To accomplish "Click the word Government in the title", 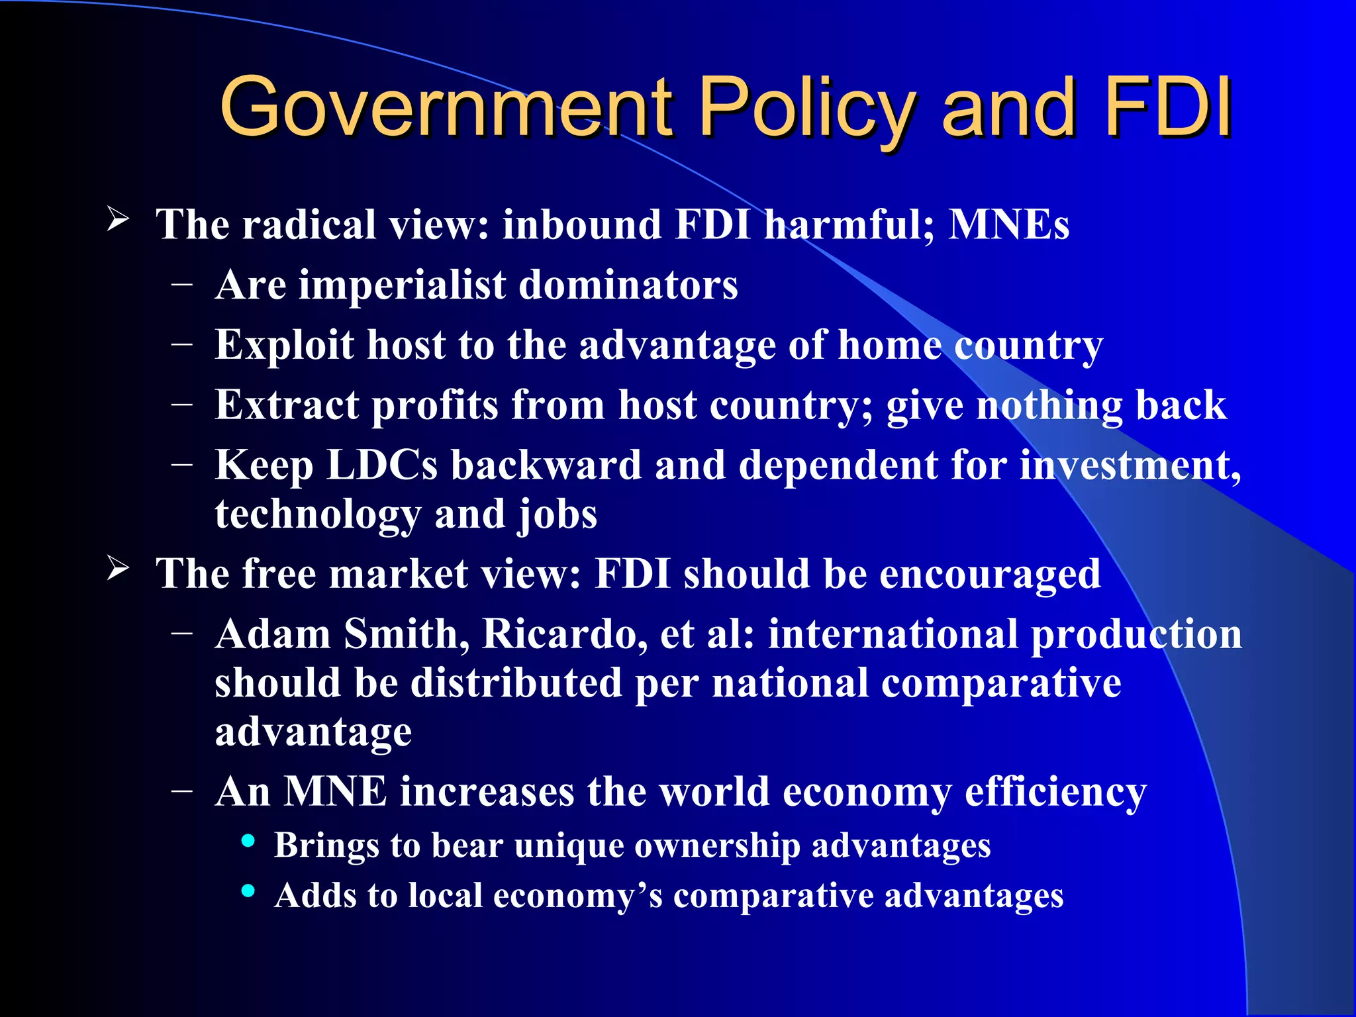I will coord(446,107).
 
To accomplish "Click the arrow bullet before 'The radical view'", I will coord(117,218).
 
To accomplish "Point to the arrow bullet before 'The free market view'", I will coord(117,568).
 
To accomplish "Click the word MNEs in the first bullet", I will coord(1009,224).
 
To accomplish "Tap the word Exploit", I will coord(285,346).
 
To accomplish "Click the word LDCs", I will coord(382,465).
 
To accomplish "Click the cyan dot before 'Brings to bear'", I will coord(248,841).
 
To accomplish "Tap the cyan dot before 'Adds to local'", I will coord(248,891).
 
